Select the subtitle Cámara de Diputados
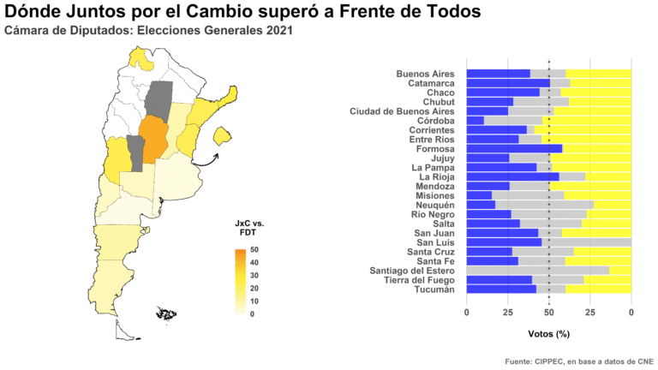pyautogui.click(x=148, y=32)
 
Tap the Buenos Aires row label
pyautogui.click(x=425, y=74)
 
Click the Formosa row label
pyautogui.click(x=435, y=148)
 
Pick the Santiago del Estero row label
pyautogui.click(x=408, y=270)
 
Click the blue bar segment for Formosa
pyautogui.click(x=514, y=148)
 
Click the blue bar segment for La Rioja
pyautogui.click(x=512, y=176)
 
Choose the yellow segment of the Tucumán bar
pyautogui.click(x=598, y=289)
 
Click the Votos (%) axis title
pyautogui.click(x=548, y=333)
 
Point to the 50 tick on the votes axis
pyautogui.click(x=548, y=313)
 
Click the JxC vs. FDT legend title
pyautogui.click(x=249, y=228)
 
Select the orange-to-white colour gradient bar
pyautogui.click(x=241, y=282)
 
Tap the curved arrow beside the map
pyautogui.click(x=205, y=157)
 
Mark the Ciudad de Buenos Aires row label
pyautogui.click(x=402, y=110)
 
